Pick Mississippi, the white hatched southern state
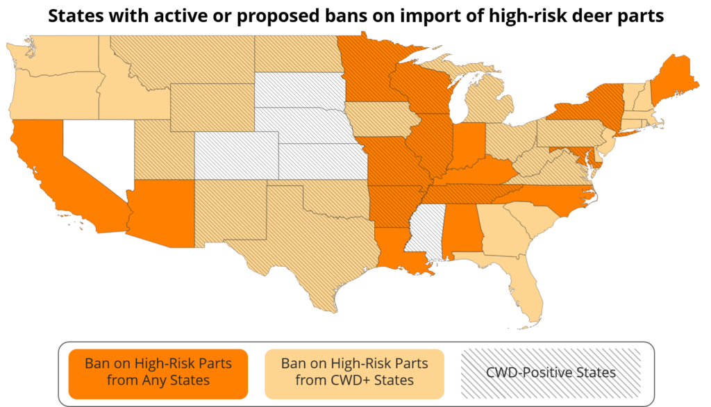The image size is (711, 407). tap(426, 233)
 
